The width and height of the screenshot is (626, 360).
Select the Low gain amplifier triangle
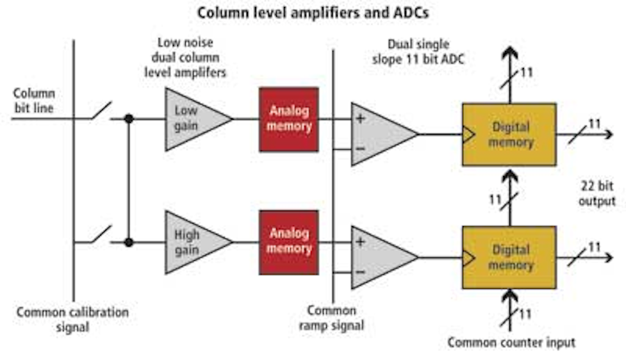click(192, 119)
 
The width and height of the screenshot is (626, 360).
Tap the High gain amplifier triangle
click(192, 243)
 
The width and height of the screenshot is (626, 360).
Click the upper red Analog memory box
click(288, 119)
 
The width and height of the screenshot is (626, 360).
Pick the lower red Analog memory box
click(288, 243)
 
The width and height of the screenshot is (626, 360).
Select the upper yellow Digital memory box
click(509, 134)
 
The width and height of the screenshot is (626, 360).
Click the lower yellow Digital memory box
click(509, 257)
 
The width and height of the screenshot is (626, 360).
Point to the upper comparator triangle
click(378, 134)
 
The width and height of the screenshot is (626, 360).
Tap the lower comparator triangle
click(378, 257)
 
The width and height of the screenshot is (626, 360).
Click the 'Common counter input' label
click(511, 342)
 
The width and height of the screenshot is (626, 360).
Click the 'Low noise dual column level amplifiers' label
click(192, 57)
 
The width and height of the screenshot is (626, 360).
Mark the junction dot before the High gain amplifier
click(129, 242)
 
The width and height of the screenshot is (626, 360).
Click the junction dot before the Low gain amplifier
click(129, 119)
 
